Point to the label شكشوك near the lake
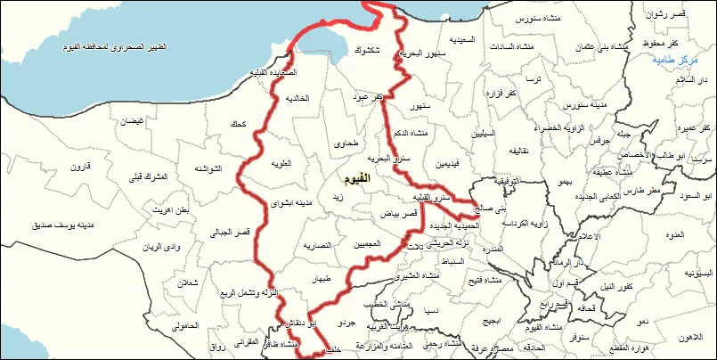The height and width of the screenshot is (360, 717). (370, 50)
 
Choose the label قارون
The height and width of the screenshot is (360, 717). (82, 167)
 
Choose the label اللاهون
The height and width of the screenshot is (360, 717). (690, 337)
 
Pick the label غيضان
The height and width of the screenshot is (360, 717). (132, 120)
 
